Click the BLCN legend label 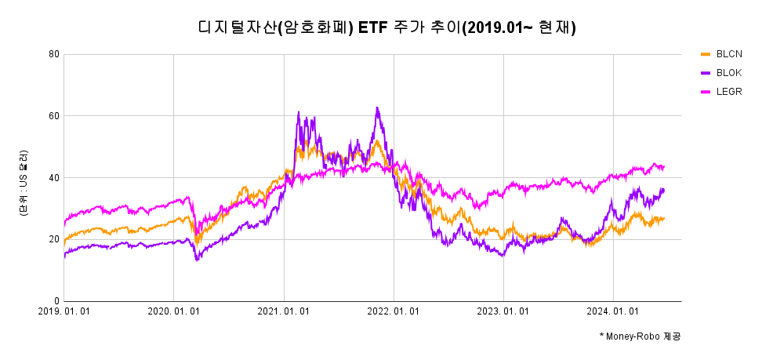tap(729, 54)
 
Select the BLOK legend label tap(729, 73)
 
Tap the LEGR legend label tap(729, 92)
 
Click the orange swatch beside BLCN tap(705, 54)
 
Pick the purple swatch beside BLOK tap(705, 73)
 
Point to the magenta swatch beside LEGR tap(705, 92)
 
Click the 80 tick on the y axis tap(54, 54)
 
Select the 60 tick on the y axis tap(54, 116)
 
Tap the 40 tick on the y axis tap(54, 178)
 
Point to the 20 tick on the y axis tap(54, 239)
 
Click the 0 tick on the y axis tap(56, 301)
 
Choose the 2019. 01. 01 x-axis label tap(64, 311)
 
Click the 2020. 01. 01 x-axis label tap(174, 311)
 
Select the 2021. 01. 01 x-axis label tap(284, 311)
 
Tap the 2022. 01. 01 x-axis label tap(394, 311)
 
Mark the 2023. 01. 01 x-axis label tap(504, 311)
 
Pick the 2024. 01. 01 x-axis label tap(614, 311)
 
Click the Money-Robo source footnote tap(640, 336)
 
